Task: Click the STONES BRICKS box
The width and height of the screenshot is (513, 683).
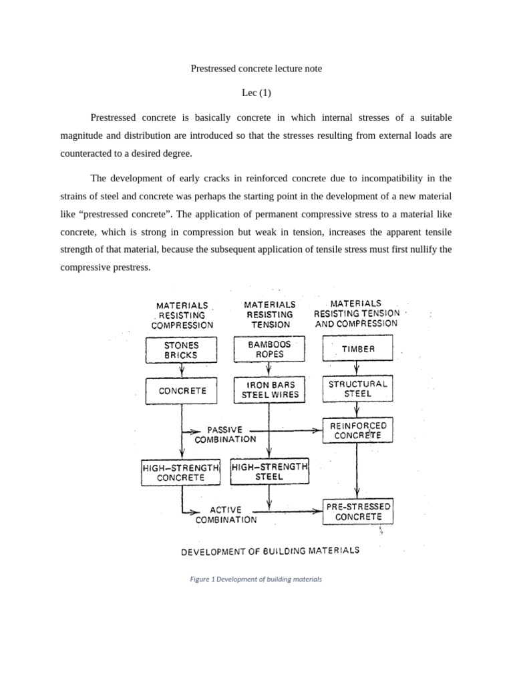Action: click(x=182, y=351)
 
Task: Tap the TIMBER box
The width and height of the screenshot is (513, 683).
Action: click(x=358, y=349)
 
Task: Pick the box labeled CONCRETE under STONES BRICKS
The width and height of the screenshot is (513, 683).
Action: click(x=182, y=391)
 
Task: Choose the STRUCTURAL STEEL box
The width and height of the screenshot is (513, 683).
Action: click(x=358, y=389)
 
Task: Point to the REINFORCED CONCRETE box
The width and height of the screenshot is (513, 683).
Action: click(x=358, y=430)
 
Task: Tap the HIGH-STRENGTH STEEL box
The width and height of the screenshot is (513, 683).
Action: click(x=269, y=472)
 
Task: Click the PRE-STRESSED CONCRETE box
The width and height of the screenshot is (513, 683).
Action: click(x=358, y=512)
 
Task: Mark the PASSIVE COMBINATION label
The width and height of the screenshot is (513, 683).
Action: click(x=225, y=434)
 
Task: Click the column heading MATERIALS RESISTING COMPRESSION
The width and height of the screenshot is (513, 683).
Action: click(x=182, y=315)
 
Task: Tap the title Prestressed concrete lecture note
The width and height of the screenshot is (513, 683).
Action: click(x=256, y=68)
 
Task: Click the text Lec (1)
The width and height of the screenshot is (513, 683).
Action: click(x=256, y=93)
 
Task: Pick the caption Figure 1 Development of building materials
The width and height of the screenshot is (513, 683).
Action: click(x=256, y=579)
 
